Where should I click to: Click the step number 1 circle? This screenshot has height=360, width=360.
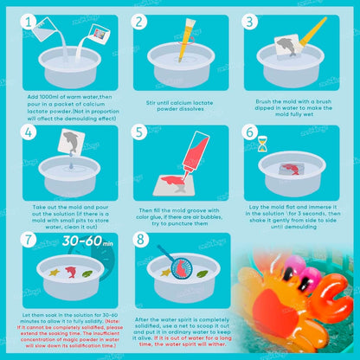point(29,22)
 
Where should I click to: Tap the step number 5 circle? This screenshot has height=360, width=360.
point(139,132)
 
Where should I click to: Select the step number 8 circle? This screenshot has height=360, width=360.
point(140,240)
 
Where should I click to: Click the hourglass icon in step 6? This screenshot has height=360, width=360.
point(262,144)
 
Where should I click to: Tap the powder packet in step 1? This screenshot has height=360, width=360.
point(100,34)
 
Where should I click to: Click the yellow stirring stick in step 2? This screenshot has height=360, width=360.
point(186,40)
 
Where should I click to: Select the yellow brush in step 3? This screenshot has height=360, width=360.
point(313,31)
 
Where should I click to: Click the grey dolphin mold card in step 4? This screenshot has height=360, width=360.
point(71,141)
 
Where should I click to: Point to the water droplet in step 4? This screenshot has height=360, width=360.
point(71,165)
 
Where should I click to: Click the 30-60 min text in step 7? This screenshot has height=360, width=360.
point(87,241)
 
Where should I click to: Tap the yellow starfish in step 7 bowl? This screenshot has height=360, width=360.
point(55,272)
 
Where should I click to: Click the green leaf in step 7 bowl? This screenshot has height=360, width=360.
point(87,273)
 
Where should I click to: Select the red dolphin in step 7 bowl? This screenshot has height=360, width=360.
point(71,272)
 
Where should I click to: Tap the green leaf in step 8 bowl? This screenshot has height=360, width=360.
point(202,273)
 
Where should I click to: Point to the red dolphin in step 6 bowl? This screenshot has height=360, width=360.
point(291,169)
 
